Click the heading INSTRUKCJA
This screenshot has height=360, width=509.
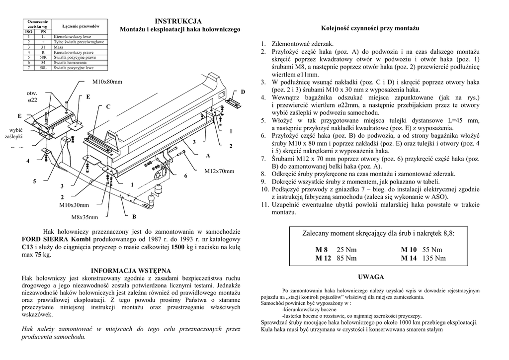178,21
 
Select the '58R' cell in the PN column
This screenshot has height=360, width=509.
43,57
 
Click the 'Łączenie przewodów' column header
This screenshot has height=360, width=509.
81,26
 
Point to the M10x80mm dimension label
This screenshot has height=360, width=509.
107,82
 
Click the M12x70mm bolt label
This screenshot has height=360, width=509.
219,171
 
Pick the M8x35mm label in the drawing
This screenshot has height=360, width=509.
85,217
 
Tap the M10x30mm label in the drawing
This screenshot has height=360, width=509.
74,205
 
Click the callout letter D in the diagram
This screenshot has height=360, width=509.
243,92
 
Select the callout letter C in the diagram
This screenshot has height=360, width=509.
108,107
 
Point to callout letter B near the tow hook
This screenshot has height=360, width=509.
134,217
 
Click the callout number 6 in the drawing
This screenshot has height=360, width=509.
185,176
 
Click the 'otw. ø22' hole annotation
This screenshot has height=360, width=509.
32,96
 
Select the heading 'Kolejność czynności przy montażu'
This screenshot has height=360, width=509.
370,28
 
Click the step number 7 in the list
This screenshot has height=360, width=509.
264,159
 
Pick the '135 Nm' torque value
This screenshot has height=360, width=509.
434,258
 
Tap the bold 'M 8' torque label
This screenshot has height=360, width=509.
322,250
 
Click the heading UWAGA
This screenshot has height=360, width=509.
370,277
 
